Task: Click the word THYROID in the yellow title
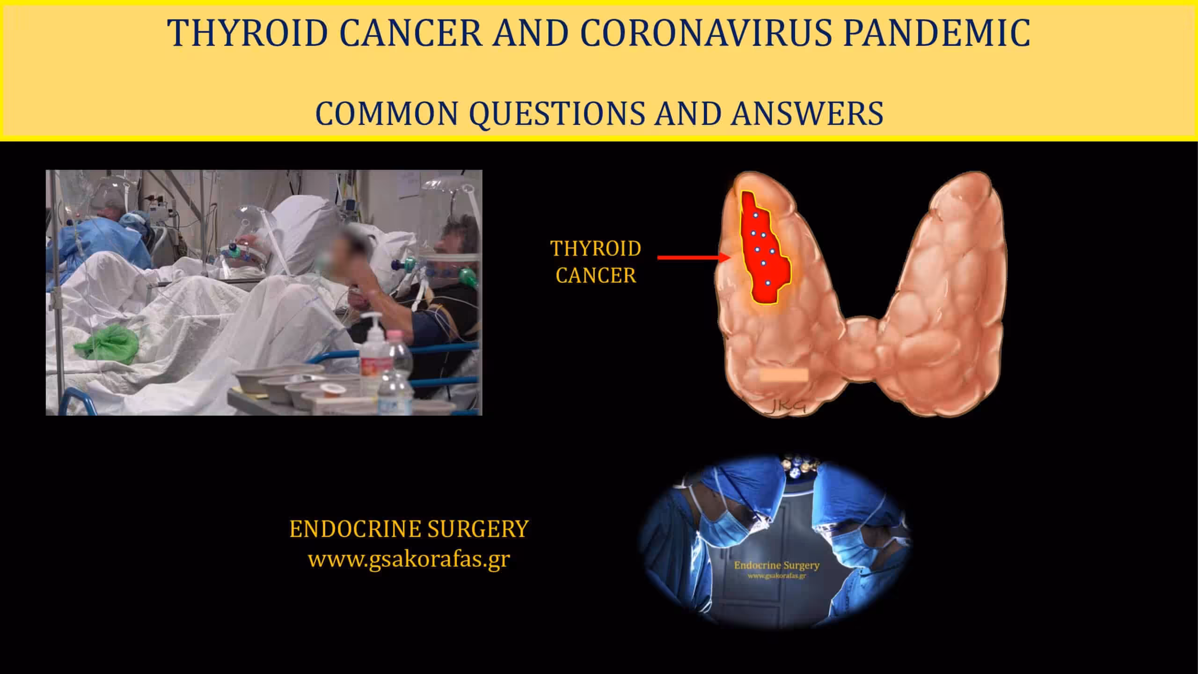coord(248,33)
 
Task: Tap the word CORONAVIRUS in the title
coord(706,33)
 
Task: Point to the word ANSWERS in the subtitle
coord(807,113)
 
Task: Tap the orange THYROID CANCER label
coord(596,262)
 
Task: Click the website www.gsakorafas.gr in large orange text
coord(409,559)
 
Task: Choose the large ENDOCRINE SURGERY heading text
coord(409,529)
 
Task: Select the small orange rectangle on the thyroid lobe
coord(784,374)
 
